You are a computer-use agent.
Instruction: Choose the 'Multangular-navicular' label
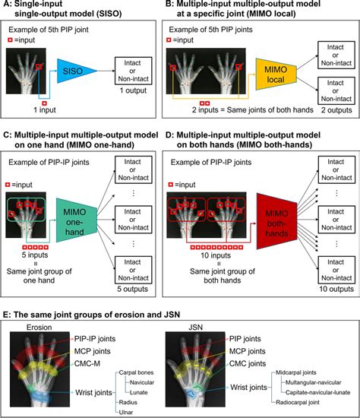coord(314,381)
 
